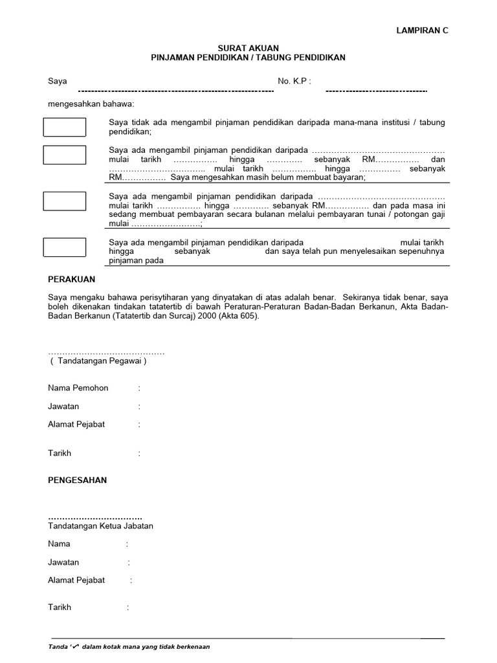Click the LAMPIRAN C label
click(x=421, y=30)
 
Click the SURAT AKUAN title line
click(x=248, y=48)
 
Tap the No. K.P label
click(x=294, y=81)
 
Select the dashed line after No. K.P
click(x=376, y=91)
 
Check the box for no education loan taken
click(x=65, y=128)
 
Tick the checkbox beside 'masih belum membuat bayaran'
click(x=65, y=155)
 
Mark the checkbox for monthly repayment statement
click(x=65, y=201)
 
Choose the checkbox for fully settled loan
click(x=65, y=247)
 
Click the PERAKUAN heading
click(x=72, y=279)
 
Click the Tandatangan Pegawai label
click(x=98, y=361)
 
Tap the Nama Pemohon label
click(x=78, y=388)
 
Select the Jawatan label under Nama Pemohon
click(x=63, y=407)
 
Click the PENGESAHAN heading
click(x=78, y=480)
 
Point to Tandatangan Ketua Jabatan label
click(x=101, y=526)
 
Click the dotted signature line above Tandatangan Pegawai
click(x=107, y=353)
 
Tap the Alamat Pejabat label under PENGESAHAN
click(x=76, y=580)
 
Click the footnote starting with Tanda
click(x=129, y=647)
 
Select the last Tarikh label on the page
click(x=60, y=607)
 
